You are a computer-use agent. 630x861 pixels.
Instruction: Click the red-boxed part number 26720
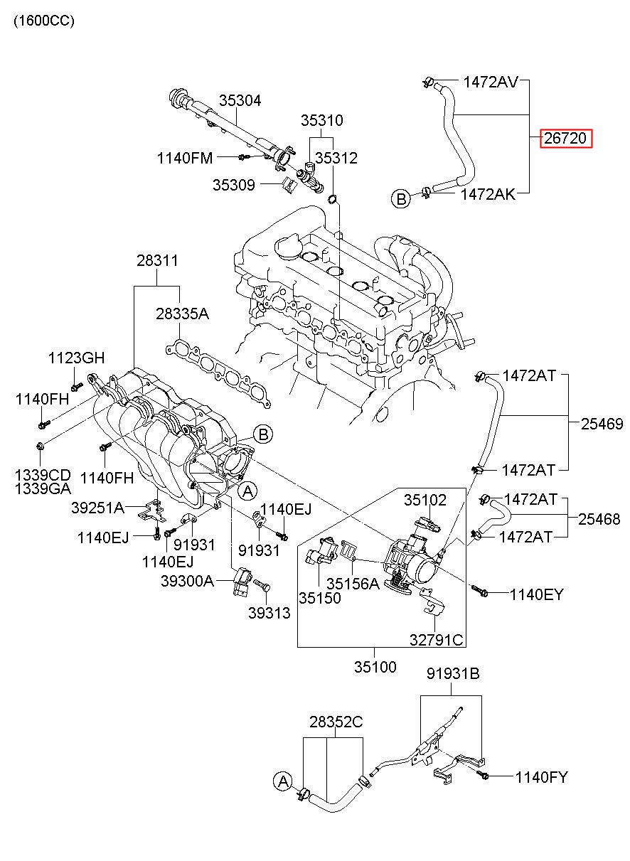565,139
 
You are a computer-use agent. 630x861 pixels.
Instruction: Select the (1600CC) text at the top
44,21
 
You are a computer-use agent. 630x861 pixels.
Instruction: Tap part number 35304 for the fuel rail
240,101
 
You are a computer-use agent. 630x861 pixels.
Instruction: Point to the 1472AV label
491,82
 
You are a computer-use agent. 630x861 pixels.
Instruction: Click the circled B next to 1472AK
401,199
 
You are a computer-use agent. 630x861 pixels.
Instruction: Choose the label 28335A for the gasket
182,314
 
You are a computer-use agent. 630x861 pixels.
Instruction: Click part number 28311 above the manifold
158,261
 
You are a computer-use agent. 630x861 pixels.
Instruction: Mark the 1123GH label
76,358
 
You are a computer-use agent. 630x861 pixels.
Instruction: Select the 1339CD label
43,475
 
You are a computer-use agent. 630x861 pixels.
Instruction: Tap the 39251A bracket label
97,508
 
